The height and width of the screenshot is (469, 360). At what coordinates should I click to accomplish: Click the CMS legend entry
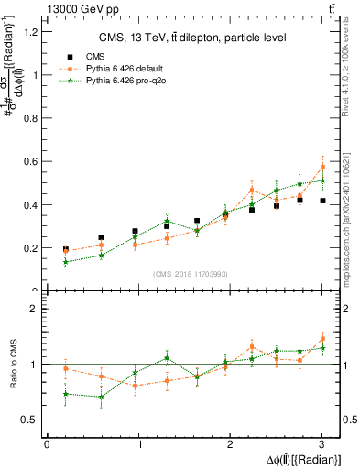click(x=95, y=56)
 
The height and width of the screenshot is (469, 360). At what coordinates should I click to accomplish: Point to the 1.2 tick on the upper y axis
click(x=29, y=32)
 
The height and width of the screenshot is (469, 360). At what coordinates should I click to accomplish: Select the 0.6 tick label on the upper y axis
click(x=29, y=161)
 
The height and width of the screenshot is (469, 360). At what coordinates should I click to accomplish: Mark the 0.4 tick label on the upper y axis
click(x=29, y=204)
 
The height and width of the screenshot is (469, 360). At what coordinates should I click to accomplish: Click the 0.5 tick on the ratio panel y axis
click(x=29, y=420)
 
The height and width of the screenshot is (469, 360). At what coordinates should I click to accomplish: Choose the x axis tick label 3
click(x=322, y=444)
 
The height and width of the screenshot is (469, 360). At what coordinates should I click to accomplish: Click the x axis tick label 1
click(x=139, y=444)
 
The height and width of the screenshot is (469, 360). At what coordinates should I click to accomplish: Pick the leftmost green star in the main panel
click(x=65, y=262)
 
